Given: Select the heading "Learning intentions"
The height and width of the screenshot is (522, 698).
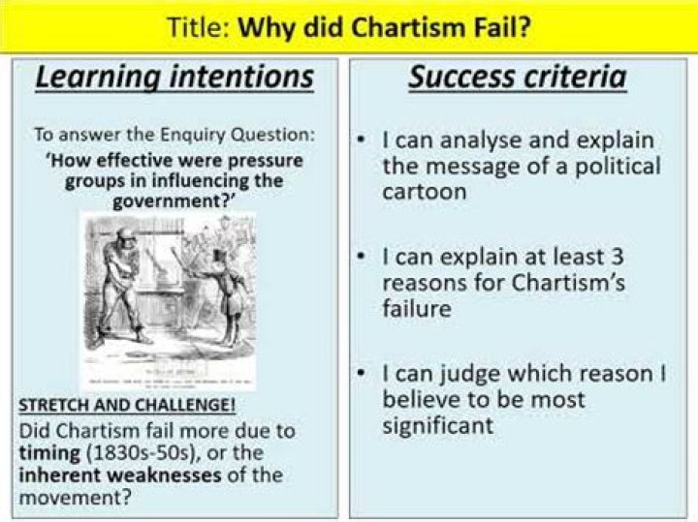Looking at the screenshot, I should (x=174, y=78).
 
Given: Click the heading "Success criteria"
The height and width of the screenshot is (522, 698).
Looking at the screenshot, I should (x=517, y=78).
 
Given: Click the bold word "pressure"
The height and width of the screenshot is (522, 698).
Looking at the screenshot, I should (x=261, y=159).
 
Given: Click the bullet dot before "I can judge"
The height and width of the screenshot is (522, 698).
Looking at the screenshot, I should (x=361, y=375).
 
